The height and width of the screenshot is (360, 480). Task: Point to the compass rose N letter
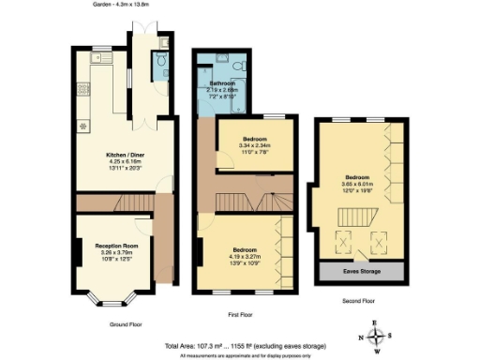357,337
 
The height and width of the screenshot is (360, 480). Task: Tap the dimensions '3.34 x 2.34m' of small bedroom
241,145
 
